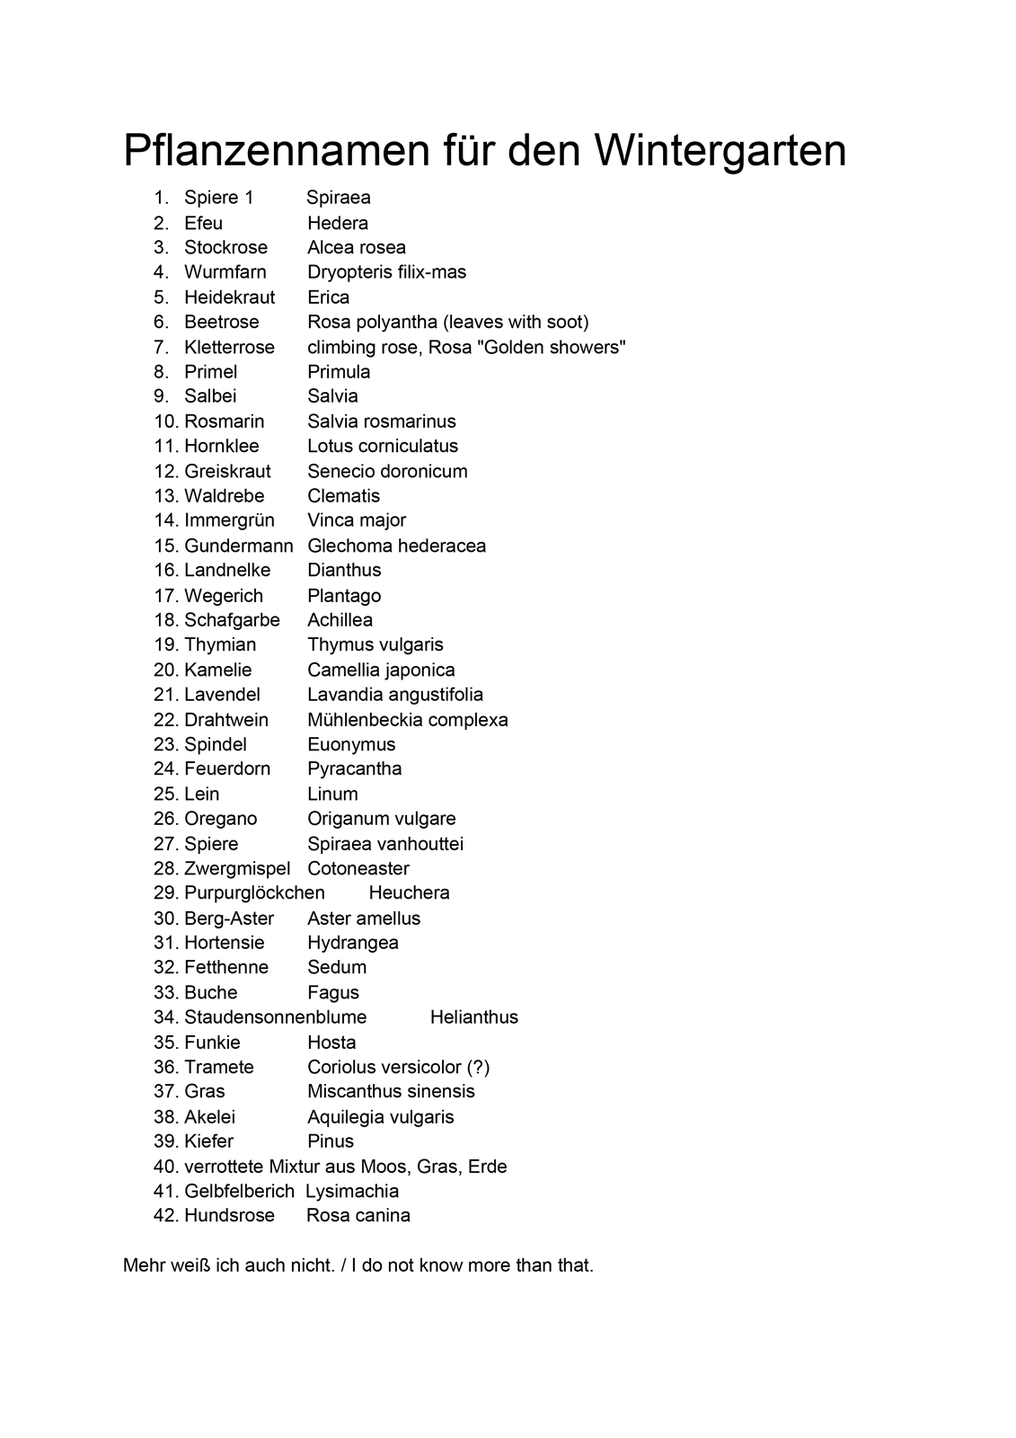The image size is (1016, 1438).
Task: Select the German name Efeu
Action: [x=203, y=223]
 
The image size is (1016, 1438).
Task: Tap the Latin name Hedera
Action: [x=338, y=223]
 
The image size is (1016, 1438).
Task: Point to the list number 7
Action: [x=162, y=347]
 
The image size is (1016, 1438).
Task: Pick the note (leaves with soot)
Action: [x=517, y=322]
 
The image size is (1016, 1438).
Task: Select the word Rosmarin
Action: [x=225, y=422]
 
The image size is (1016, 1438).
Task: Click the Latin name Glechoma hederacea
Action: [x=396, y=546]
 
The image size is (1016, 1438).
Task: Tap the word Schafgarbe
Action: [x=232, y=620]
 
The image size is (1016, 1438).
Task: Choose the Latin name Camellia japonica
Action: [x=381, y=670]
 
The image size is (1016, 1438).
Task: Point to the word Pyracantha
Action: [x=355, y=768]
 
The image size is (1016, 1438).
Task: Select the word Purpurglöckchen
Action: [x=254, y=892]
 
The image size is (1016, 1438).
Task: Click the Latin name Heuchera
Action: [x=409, y=892]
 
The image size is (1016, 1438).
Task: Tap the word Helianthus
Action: [x=474, y=1017]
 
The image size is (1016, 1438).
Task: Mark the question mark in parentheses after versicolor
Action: [x=479, y=1067]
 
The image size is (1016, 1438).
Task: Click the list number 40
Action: [x=166, y=1167]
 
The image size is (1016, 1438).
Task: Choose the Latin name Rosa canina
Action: [x=358, y=1215]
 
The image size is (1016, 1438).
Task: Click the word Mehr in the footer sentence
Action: [x=144, y=1265]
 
